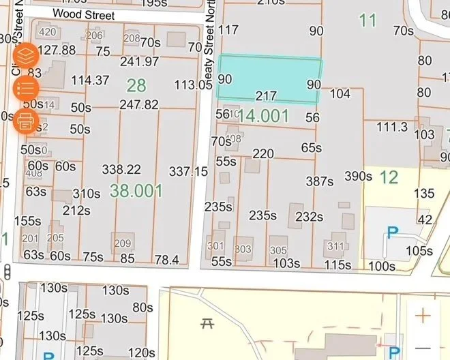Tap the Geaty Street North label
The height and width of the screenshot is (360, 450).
point(211,41)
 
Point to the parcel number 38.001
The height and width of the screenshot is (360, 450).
point(136,190)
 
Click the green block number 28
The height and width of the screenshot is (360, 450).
point(136,85)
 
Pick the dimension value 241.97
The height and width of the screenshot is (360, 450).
point(139,62)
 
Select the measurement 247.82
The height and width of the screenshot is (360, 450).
point(139,105)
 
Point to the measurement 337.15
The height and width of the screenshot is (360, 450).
point(188,170)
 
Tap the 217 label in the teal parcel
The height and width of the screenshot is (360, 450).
point(266,96)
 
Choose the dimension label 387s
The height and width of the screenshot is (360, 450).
point(320,181)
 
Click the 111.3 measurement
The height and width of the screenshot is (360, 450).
point(391,127)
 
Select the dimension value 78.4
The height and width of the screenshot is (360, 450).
point(166,259)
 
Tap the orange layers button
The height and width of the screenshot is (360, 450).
point(26,55)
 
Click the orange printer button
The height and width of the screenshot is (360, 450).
point(26,121)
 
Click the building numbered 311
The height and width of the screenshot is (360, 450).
point(336,246)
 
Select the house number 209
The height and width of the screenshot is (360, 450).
point(122,244)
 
